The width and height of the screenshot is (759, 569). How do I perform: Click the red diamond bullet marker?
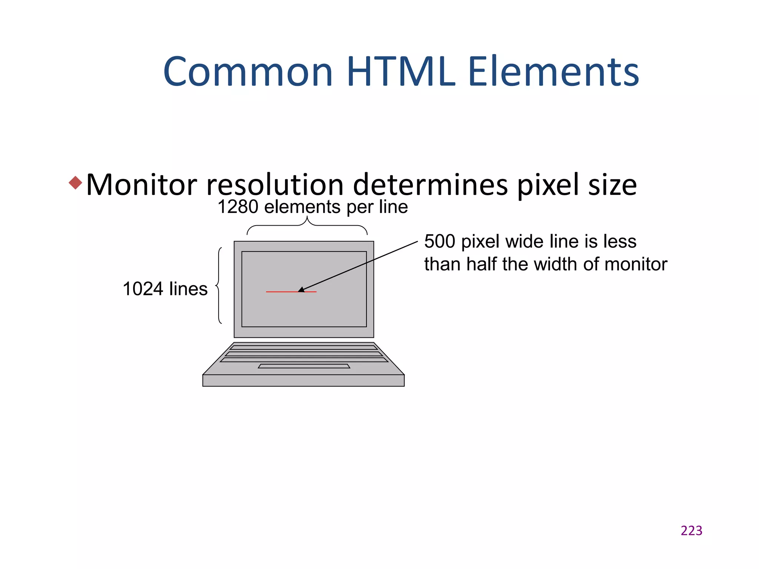[76, 183]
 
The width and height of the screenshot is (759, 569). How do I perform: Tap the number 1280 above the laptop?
[238, 207]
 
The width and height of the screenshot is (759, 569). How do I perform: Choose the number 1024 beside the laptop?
[143, 289]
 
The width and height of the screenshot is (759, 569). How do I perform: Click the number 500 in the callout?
[440, 242]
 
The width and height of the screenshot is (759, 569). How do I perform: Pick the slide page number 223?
[691, 530]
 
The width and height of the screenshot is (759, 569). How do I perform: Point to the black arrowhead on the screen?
[301, 290]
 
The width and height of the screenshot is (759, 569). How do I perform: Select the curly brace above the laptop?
[307, 226]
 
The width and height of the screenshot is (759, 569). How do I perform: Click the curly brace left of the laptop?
[219, 286]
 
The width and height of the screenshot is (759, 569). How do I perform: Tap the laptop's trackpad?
[304, 366]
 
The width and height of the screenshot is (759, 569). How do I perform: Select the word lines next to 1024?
[188, 289]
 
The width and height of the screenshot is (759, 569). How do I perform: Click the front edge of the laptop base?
[303, 380]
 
